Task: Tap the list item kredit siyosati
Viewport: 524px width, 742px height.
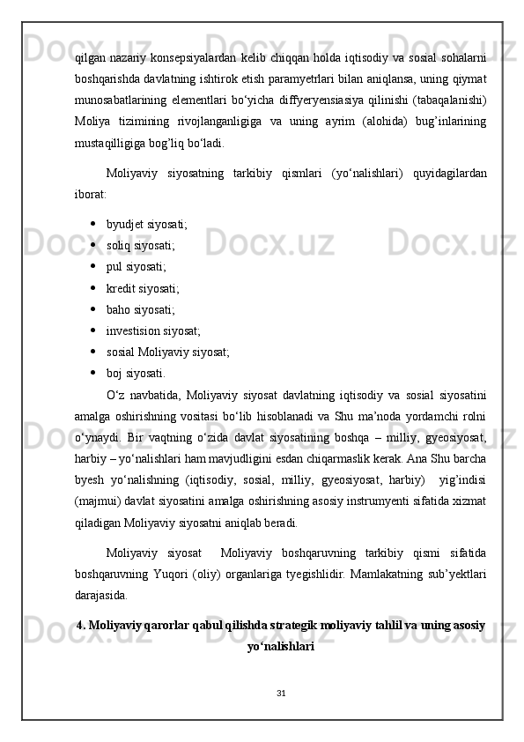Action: (x=143, y=287)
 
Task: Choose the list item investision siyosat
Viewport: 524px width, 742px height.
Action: (x=152, y=330)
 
